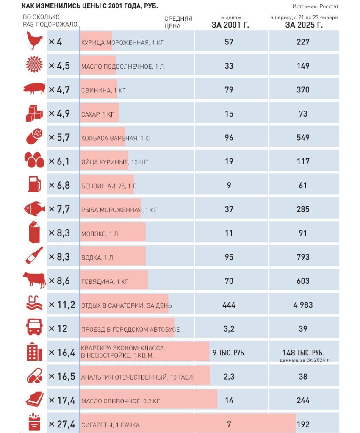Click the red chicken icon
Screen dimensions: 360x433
34,41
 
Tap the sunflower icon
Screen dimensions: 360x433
34,64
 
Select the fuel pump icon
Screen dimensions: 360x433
34,184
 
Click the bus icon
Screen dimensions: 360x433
34,327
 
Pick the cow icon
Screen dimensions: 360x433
34,280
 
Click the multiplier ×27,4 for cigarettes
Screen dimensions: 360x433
62,424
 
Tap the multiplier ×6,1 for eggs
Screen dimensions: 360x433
59,161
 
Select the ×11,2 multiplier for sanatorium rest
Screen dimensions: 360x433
62,305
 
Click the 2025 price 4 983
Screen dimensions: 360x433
303,305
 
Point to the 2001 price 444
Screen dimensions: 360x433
229,305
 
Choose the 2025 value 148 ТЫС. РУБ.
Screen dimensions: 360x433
303,353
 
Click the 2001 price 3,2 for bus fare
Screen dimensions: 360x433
229,329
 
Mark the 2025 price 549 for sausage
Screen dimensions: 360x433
303,138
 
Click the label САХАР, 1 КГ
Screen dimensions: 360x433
97,114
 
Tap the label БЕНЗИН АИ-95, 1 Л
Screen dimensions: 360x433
109,186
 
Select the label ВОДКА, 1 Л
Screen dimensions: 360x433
97,258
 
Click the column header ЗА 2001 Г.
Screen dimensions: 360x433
230,25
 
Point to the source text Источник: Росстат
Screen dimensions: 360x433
315,6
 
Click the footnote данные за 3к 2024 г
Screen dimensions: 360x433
304,360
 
